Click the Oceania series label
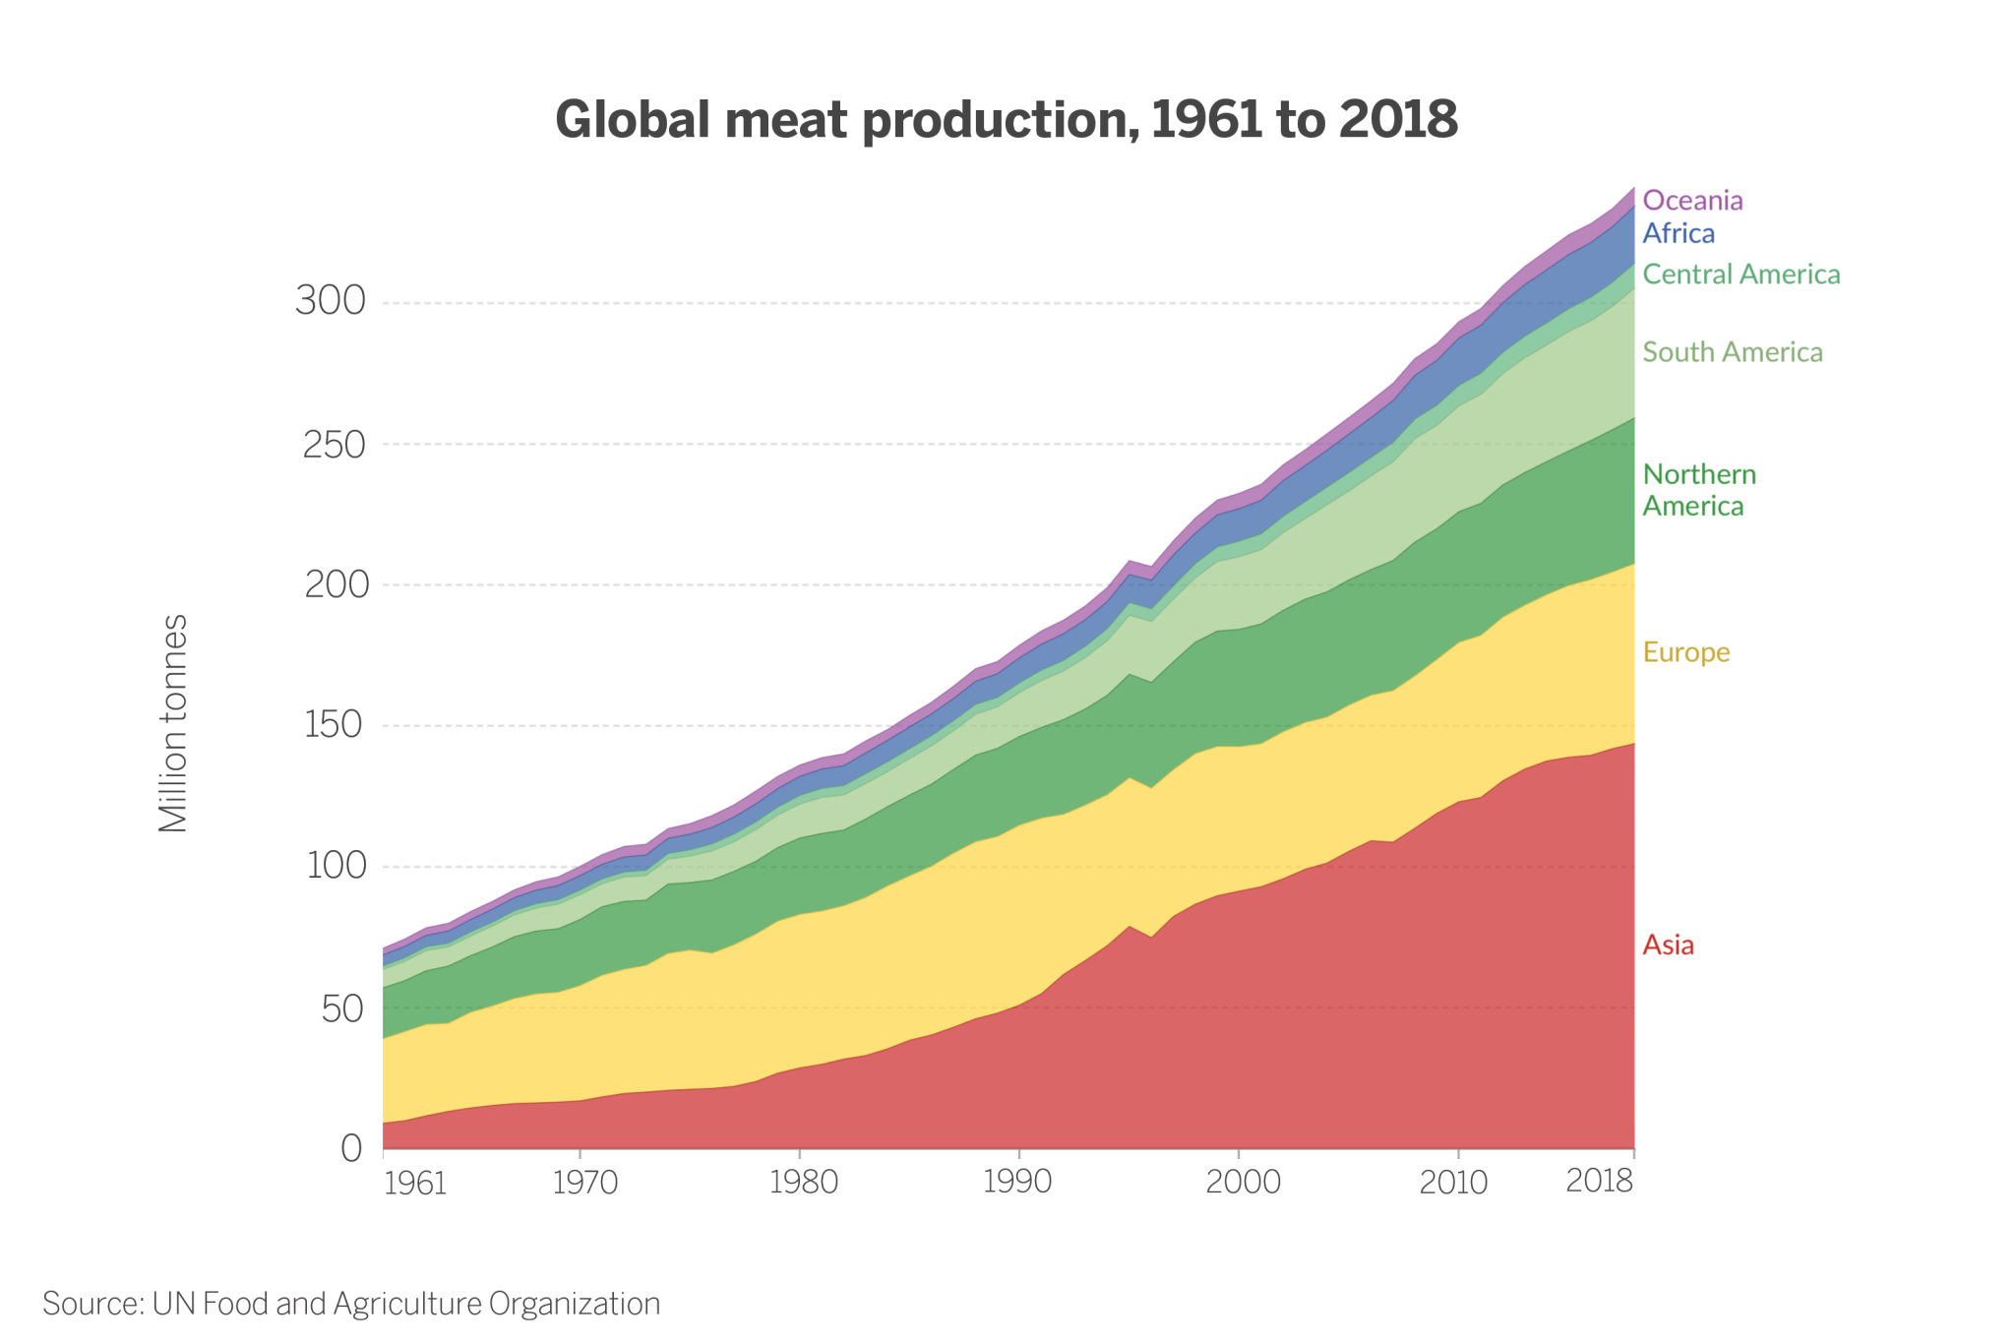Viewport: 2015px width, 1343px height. [x=1692, y=201]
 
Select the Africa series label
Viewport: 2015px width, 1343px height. [x=1679, y=234]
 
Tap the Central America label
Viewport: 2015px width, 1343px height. [x=1741, y=275]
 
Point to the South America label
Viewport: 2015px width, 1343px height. [x=1733, y=352]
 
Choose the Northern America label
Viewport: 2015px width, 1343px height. [x=1699, y=490]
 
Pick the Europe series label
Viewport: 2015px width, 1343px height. [x=1686, y=652]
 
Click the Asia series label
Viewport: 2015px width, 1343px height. [x=1669, y=946]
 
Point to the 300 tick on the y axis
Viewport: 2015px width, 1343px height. [x=331, y=301]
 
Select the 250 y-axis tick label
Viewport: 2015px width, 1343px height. [x=334, y=445]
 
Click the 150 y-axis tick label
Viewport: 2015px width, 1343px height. [x=334, y=726]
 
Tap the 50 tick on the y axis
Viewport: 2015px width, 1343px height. [x=342, y=1008]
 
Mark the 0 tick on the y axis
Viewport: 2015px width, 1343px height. [x=351, y=1148]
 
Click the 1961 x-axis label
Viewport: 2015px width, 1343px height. [x=415, y=1184]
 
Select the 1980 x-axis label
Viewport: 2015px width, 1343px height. [x=803, y=1182]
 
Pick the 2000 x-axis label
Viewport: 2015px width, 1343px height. [x=1243, y=1182]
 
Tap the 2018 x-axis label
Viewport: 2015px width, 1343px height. [x=1599, y=1180]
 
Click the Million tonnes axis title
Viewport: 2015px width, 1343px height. [x=173, y=724]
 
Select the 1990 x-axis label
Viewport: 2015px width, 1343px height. [x=1017, y=1182]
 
